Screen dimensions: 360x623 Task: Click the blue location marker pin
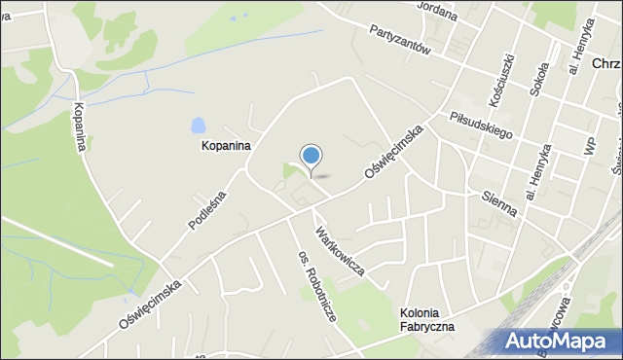coord(311,157)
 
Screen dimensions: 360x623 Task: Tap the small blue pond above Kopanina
coord(199,126)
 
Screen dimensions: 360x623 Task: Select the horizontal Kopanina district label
coord(226,146)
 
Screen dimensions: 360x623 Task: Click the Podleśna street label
coord(207,209)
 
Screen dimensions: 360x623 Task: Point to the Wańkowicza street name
coord(338,251)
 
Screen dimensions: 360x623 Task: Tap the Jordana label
coord(437,8)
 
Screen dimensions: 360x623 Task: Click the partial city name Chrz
coord(605,63)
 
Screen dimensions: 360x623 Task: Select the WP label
coord(588,145)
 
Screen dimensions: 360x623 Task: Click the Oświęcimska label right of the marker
coord(396,151)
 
